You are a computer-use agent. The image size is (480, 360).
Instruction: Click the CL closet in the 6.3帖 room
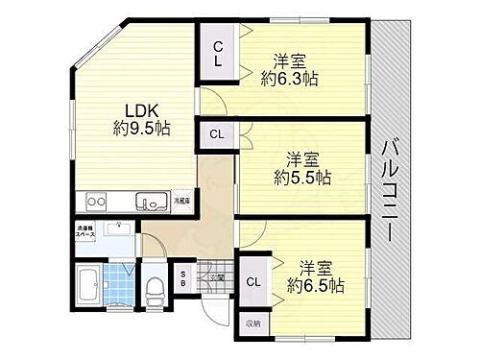click(x=218, y=54)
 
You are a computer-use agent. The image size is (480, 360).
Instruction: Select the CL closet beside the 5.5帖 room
click(x=218, y=133)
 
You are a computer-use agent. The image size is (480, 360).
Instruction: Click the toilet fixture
click(x=155, y=284)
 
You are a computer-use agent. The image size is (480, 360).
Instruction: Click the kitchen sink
click(x=150, y=202)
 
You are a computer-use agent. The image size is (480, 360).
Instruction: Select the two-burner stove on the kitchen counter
click(x=98, y=202)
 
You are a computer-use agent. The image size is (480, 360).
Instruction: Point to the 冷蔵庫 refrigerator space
click(x=181, y=201)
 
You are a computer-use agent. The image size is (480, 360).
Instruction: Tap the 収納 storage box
click(x=252, y=323)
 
